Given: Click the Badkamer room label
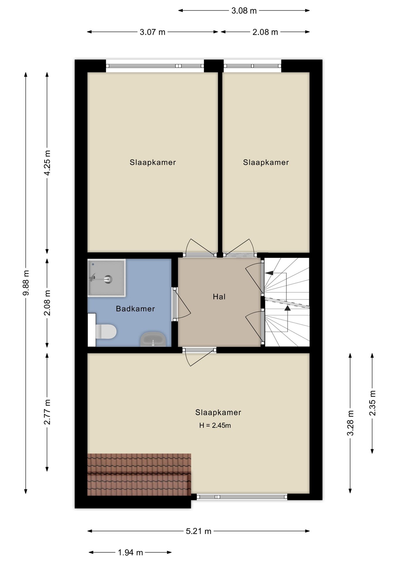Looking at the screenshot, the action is [135, 308].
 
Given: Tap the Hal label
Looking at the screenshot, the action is [219, 297].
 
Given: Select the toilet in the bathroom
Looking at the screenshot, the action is [106, 331].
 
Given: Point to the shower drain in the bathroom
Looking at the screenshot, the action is [108, 279].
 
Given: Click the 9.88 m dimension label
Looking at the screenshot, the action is [26, 283].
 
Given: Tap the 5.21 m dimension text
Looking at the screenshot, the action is [198, 531].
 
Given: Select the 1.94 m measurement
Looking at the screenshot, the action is [130, 552].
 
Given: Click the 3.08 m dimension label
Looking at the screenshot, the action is [244, 11].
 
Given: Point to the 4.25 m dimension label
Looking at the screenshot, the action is [47, 163].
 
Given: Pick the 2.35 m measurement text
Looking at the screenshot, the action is [372, 403].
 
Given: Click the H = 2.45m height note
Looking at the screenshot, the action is [215, 425].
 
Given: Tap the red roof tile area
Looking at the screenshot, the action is [139, 474].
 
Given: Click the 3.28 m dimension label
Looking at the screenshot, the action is [350, 423].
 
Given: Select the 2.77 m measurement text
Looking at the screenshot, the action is [47, 412].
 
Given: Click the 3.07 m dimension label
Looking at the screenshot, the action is [152, 32].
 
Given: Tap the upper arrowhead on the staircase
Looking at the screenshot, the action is [269, 273].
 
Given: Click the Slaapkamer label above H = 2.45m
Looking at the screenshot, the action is [218, 412].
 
